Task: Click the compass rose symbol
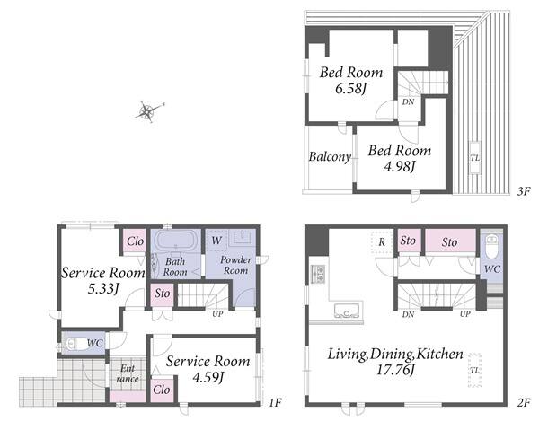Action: (148, 111)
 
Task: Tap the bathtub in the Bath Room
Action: (176, 241)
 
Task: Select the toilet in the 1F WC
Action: (75, 344)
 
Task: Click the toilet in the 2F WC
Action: (491, 247)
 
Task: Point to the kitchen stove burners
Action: (318, 274)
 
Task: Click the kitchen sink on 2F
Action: (347, 310)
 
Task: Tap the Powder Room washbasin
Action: (242, 237)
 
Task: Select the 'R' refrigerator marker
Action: (382, 242)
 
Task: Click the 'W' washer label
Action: (216, 241)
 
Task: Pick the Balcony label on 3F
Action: (330, 157)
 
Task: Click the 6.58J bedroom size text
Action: (350, 89)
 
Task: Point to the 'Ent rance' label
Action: (128, 373)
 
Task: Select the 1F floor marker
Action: (275, 402)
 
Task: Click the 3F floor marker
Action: (524, 191)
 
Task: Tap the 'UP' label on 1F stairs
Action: (217, 313)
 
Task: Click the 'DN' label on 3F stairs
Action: (408, 101)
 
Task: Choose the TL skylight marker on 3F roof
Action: (475, 158)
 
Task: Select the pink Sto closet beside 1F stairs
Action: (162, 294)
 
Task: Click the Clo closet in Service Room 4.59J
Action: (161, 390)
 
